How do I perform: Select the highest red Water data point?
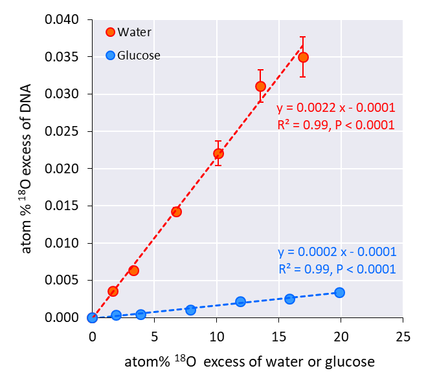click(303, 58)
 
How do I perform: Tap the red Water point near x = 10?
click(218, 153)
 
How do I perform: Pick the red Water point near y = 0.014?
click(176, 211)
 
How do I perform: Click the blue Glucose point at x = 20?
click(339, 292)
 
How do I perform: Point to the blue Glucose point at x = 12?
click(240, 301)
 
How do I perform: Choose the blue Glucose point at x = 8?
click(190, 310)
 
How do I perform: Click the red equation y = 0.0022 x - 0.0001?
click(335, 108)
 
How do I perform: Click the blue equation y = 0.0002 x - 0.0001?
click(337, 252)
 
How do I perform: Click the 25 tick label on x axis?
click(402, 337)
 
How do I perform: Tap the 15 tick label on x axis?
click(278, 337)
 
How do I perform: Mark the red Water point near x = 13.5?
click(260, 86)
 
